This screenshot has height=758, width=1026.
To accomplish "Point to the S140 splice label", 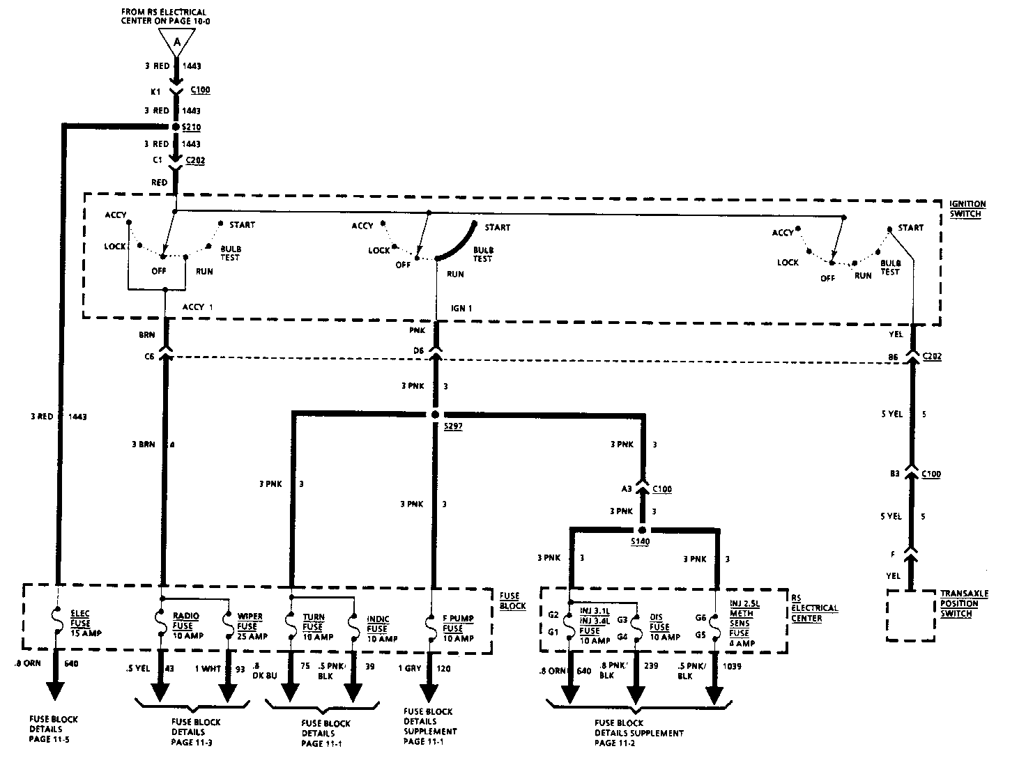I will pos(640,541).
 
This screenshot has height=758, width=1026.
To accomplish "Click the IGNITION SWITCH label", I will pos(967,209).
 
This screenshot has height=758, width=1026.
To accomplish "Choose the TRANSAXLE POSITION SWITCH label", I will pos(964,603).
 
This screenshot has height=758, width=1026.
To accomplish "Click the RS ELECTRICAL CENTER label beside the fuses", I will pos(814,608).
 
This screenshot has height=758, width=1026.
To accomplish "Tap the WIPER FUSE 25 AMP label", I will pos(252,626).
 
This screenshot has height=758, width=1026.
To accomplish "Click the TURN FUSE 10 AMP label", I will pos(317,627).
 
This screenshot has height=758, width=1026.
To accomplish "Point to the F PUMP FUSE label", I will pos(457,628).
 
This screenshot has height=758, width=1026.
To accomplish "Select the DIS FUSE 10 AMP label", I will pos(664,627).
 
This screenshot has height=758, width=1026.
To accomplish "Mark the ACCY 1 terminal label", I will pos(198,307).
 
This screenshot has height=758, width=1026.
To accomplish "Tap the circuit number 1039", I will pos(732,667).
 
